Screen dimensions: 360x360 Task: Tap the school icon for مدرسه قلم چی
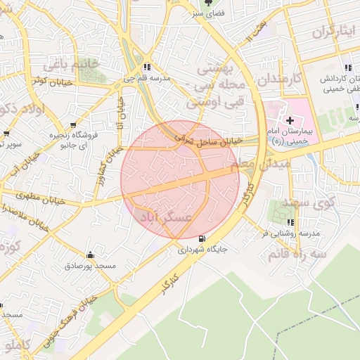146,67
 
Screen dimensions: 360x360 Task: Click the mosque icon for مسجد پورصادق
89,255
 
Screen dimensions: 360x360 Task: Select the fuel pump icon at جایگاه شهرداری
203,238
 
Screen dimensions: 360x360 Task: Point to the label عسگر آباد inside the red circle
167,219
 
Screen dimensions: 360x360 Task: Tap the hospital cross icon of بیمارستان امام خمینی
290,121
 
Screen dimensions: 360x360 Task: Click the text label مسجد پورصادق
90,266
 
